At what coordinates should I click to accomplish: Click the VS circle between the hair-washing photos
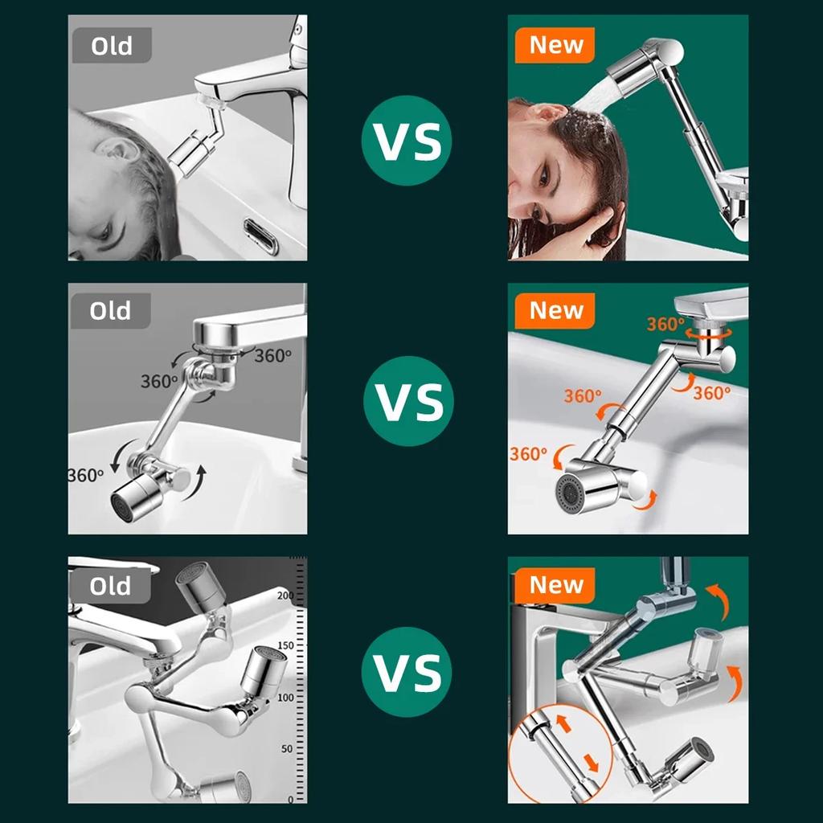click(407, 141)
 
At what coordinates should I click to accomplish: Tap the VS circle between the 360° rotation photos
click(408, 400)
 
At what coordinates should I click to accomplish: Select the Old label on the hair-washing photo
click(111, 46)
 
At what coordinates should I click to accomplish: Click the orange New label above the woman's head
click(555, 45)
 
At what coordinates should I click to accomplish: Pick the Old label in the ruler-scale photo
click(110, 586)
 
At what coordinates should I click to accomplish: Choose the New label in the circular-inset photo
click(555, 585)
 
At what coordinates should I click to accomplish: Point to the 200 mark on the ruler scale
click(285, 596)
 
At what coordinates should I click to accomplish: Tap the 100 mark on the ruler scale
click(285, 698)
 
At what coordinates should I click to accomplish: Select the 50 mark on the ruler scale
click(287, 749)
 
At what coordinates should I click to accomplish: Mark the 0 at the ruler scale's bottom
click(290, 799)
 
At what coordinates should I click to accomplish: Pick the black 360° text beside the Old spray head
click(86, 474)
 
